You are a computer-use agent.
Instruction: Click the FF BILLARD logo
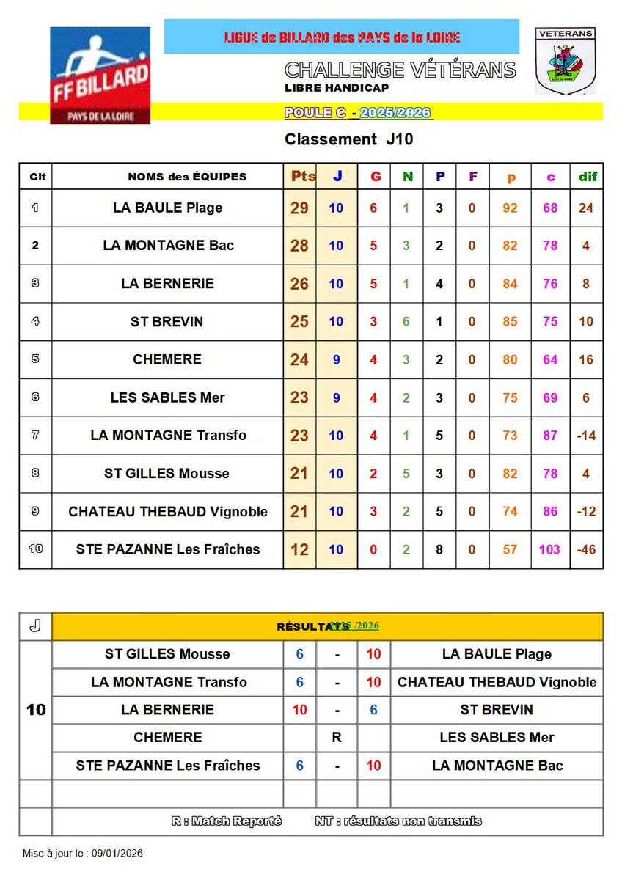coord(100,75)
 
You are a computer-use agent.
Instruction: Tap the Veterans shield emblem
coord(565,62)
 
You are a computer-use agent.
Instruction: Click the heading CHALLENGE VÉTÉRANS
coord(400,70)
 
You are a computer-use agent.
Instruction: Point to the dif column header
coord(588,176)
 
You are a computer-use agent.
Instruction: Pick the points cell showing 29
coord(299,208)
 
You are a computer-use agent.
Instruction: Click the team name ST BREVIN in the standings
coord(167,322)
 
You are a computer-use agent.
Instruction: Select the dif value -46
coord(586,549)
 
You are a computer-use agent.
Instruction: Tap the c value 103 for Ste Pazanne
coord(549,549)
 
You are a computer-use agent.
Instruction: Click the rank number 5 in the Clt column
coord(35,359)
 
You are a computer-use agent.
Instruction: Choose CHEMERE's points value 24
coord(299,360)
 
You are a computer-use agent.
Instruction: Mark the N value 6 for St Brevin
coord(406,322)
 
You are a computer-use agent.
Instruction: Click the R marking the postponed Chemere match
coord(337,738)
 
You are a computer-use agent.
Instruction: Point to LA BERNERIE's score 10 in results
coord(300,710)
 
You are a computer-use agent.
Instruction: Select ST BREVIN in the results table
coord(497,710)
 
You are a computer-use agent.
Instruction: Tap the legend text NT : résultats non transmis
coord(398,821)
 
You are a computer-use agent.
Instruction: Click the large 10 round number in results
coord(36,710)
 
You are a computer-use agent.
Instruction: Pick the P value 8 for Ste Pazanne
coord(439,549)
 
